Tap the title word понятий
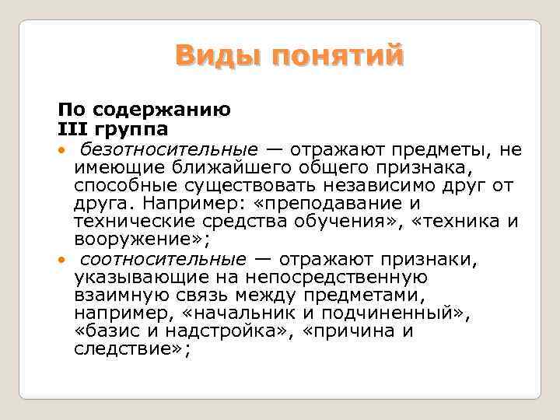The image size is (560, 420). (337, 57)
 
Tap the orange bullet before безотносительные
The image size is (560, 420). (61, 149)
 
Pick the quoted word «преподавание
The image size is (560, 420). (332, 204)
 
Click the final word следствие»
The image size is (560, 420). (131, 350)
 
